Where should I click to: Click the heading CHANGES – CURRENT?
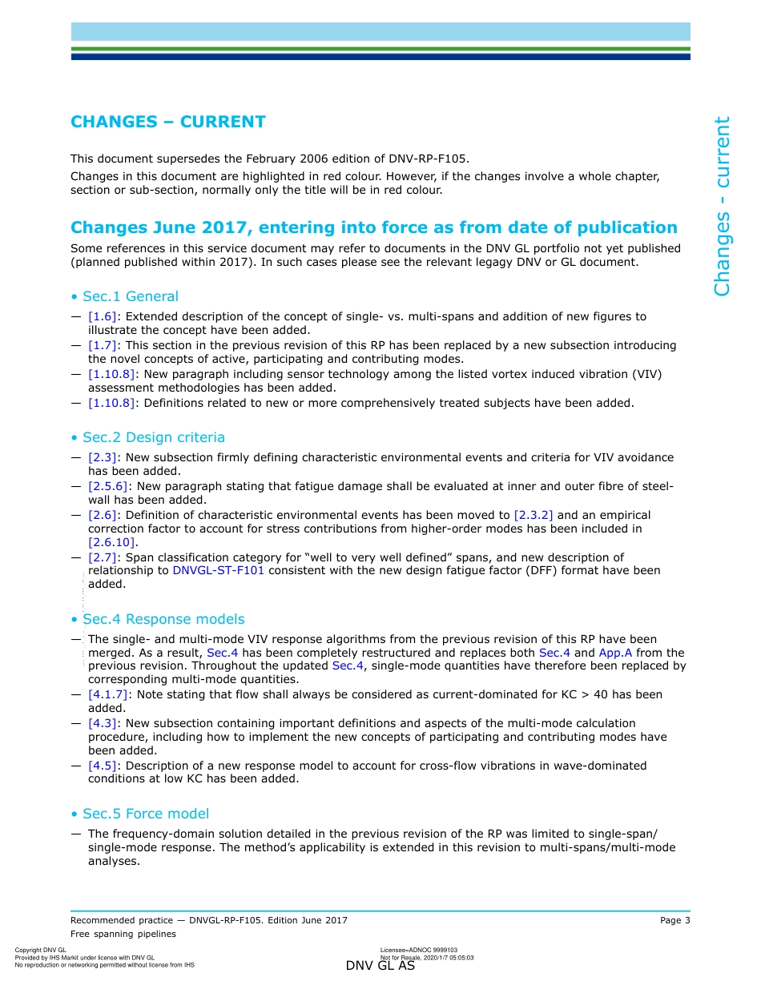pyautogui.click(x=168, y=122)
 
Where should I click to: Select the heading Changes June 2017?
pyautogui.click(x=373, y=227)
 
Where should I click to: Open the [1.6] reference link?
pyautogui.click(x=103, y=316)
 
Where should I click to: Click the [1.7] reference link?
pyautogui.click(x=103, y=345)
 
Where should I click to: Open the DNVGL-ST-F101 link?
pyautogui.click(x=218, y=570)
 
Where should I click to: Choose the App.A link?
pyautogui.click(x=615, y=653)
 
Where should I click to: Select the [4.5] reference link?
pyautogui.click(x=103, y=766)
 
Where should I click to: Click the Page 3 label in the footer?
pyautogui.click(x=674, y=920)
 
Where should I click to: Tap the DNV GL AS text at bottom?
pyautogui.click(x=380, y=966)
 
